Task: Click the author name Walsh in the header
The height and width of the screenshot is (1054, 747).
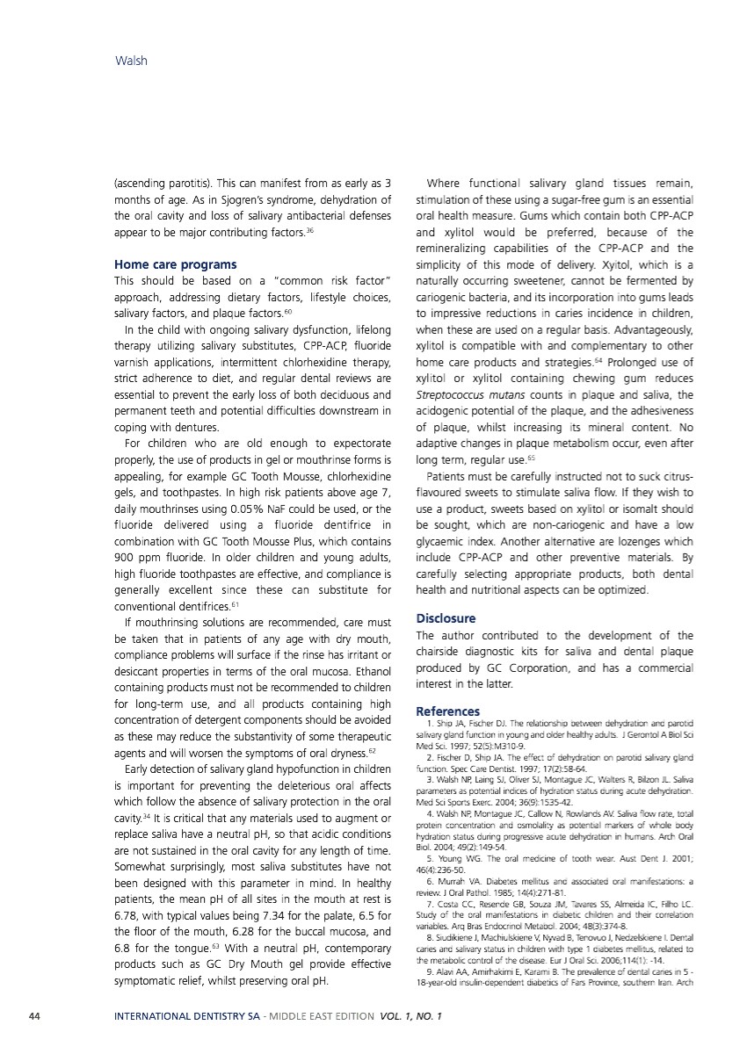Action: click(131, 61)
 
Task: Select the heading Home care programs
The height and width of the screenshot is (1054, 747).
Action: click(175, 263)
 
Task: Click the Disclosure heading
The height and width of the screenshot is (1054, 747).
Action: click(446, 618)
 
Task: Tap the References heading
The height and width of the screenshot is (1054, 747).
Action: click(447, 711)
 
